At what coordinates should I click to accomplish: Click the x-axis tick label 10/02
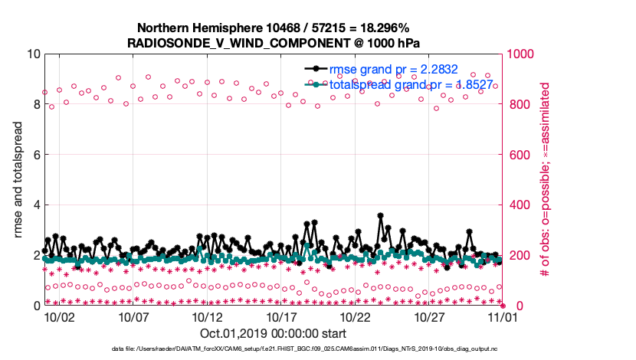coord(59,316)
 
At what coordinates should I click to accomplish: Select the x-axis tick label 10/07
coord(133,316)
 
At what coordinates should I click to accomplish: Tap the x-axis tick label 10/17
coord(281,316)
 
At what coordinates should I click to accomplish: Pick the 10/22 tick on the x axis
coord(356,316)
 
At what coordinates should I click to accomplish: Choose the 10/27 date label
coord(430,316)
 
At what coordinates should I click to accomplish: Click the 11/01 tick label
coord(503,316)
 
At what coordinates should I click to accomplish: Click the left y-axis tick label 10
coord(33,54)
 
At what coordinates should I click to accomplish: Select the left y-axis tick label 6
coord(36,155)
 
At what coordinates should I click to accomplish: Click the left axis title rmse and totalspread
coord(18,180)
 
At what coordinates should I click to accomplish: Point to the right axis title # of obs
coord(546,180)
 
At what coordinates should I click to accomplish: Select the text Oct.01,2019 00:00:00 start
coord(273,334)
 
